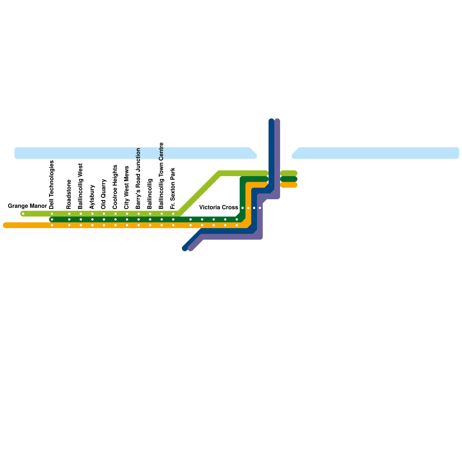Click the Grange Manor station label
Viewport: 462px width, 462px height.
[27, 206]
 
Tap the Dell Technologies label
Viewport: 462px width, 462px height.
[52, 185]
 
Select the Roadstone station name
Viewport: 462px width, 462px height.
[69, 194]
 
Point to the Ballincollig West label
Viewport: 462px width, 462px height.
[81, 186]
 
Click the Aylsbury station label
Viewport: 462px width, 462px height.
[92, 197]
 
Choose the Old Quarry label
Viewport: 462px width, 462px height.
[104, 194]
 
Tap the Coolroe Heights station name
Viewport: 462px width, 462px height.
[115, 187]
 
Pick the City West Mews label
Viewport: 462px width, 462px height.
[127, 188]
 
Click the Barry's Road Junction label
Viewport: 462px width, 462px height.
[138, 179]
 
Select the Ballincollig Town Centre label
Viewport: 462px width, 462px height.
[161, 176]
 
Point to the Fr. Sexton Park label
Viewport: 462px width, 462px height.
[173, 189]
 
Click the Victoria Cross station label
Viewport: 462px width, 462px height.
[219, 208]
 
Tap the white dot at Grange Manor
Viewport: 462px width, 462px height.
[23, 214]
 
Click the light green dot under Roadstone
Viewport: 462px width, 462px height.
[69, 214]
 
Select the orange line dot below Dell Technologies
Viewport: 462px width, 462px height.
[52, 225]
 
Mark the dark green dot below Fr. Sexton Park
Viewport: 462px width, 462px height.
[173, 219]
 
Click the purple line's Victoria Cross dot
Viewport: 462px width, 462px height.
[260, 208]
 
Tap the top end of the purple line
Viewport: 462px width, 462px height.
[277, 120]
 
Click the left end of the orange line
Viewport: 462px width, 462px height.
[5, 225]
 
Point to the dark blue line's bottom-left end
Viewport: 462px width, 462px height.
[185, 248]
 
